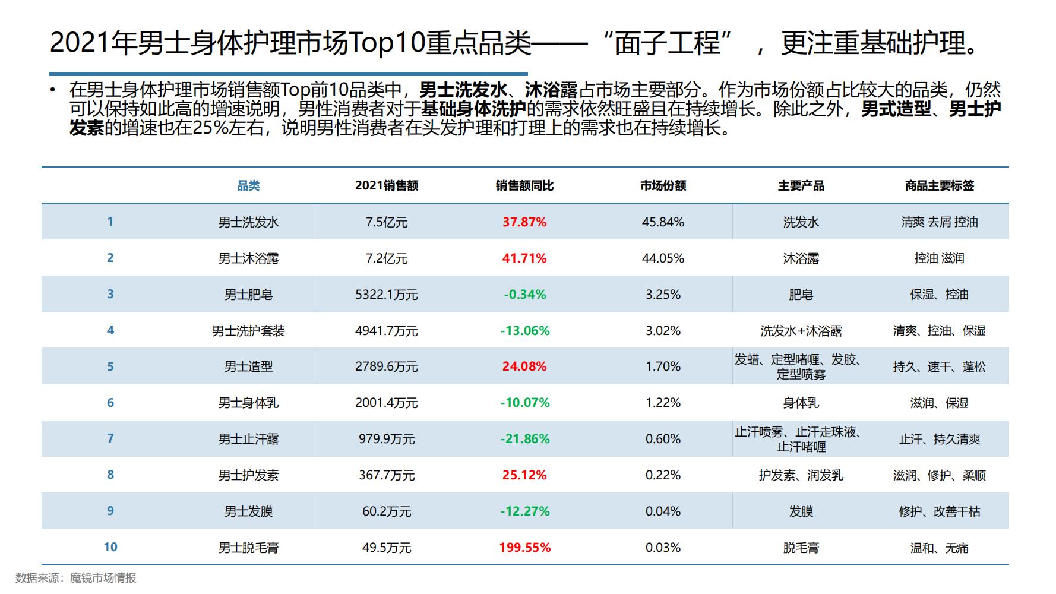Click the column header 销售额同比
coord(524,186)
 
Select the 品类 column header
coord(248,186)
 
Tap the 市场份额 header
coord(663,186)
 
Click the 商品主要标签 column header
coord(939,186)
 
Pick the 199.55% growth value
coord(524,548)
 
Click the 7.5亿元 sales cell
coord(387,222)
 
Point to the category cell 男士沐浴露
coord(248,258)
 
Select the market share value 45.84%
coord(663,222)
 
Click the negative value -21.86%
coord(524,439)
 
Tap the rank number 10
coord(110,547)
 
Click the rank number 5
coord(110,366)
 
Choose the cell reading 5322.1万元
coord(387,295)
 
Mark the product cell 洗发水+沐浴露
coord(801,331)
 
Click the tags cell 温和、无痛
coord(939,548)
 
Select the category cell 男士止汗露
coord(248,439)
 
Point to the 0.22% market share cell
coord(663,475)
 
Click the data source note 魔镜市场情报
coord(103,578)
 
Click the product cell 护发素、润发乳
coord(801,475)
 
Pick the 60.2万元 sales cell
coord(387,511)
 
